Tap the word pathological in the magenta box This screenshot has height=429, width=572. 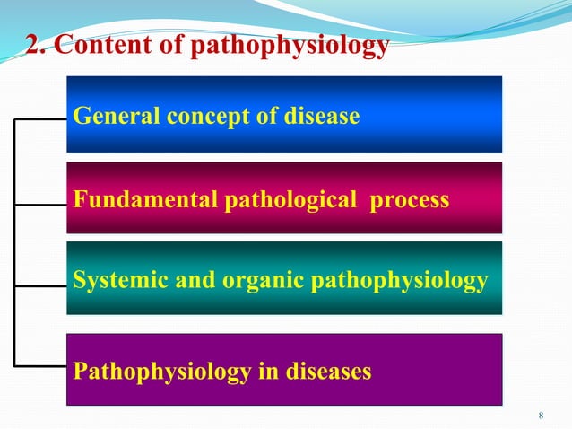[287, 200]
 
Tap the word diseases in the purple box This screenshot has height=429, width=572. [325, 370]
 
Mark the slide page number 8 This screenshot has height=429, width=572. [541, 415]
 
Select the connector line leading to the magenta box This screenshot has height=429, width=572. [40, 204]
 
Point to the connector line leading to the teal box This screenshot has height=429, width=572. [40, 286]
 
